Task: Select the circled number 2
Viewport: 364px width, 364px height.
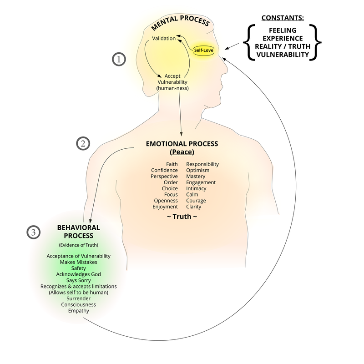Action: click(83, 144)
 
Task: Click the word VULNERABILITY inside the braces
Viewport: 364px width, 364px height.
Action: click(282, 55)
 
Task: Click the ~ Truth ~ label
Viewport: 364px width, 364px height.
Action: click(182, 217)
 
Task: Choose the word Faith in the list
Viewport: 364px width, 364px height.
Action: click(172, 164)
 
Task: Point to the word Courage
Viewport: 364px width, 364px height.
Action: click(196, 201)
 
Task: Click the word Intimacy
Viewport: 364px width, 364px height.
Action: click(196, 188)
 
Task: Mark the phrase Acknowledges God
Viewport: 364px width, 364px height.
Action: click(78, 274)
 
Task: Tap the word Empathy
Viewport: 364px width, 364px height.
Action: click(78, 311)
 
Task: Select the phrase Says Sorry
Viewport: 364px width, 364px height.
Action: click(78, 280)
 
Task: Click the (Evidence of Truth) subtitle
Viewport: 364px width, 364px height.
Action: click(78, 244)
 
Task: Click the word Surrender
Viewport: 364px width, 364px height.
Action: click(78, 298)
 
